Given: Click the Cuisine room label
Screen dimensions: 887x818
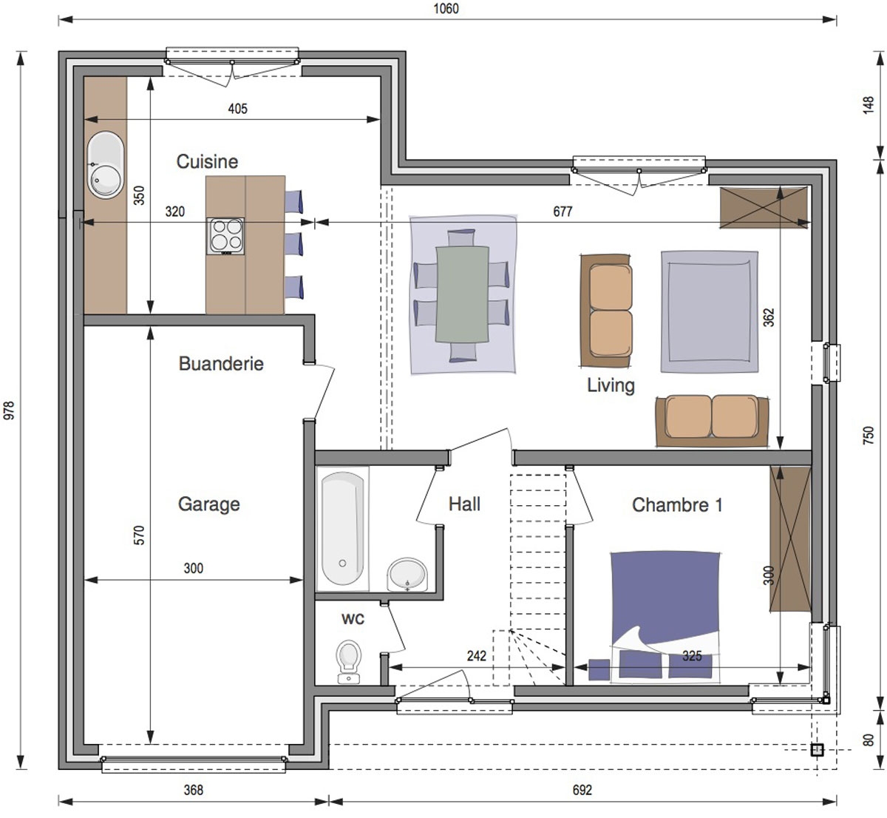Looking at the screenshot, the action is pos(207,161).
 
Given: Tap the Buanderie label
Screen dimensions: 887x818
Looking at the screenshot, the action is pos(221,364).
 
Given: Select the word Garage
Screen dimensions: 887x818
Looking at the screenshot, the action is pos(208,504).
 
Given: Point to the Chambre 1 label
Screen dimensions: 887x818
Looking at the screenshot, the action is pos(677,505).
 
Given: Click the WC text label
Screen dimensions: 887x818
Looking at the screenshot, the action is pos(353,619).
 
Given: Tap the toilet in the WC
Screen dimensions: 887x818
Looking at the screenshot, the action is pos(349,662).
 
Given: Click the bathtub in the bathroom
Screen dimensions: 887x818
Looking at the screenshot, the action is pos(343,529).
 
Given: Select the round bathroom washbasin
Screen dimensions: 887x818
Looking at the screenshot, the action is pos(407,575).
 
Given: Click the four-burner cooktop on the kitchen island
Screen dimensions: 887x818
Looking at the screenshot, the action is pos(225,236).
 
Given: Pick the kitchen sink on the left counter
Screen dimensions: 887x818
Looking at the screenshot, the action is pos(106,164).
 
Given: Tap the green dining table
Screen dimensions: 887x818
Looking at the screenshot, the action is pos(462,294).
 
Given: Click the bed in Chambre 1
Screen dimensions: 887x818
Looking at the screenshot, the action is pos(665,618).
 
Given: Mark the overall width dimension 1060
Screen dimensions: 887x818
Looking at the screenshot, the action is pos(446,9).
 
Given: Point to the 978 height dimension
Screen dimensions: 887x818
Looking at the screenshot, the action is pos(10,410).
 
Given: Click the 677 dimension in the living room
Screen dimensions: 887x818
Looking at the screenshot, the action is pos(563,212).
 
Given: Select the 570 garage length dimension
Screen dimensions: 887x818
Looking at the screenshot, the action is pos(139,535).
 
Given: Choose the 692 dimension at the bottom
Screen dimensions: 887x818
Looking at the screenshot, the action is pos(582,790).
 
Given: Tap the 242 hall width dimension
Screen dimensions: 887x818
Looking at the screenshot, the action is pos(476,656).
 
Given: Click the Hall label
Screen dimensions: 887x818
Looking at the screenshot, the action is pos(464,504).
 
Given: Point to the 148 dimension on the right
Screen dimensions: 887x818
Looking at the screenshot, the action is pos(869,105).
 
